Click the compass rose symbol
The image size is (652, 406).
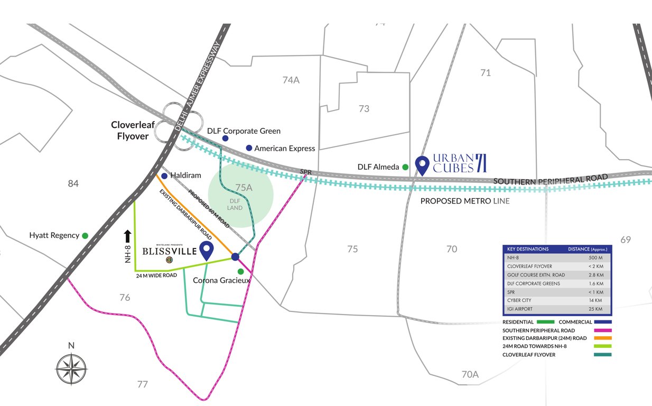(x=71, y=368)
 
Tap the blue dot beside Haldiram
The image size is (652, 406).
(x=164, y=176)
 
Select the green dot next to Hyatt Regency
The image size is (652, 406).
(x=85, y=236)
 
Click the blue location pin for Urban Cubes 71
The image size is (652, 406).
(x=422, y=164)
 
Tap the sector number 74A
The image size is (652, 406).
(x=291, y=80)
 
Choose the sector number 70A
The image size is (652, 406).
(x=470, y=374)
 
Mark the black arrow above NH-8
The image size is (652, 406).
(x=127, y=235)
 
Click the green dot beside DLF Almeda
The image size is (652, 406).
(x=405, y=167)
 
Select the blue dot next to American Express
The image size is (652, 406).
(x=249, y=148)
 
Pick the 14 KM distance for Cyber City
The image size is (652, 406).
(x=596, y=300)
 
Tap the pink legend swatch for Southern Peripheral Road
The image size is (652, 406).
(x=603, y=330)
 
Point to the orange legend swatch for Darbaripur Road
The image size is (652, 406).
(x=603, y=338)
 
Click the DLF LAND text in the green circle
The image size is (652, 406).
(x=235, y=204)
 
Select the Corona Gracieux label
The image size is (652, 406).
(x=221, y=280)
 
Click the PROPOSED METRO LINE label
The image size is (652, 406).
(x=465, y=201)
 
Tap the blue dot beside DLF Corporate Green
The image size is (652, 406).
(x=225, y=138)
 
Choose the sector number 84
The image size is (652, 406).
(x=73, y=183)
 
